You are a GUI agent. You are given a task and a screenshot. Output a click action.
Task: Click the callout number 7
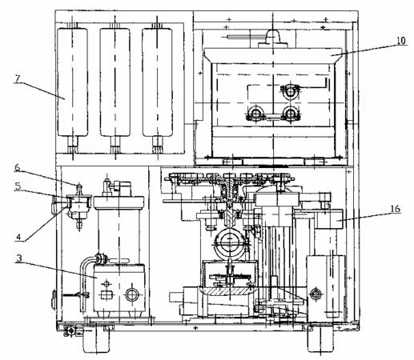coord(18,78)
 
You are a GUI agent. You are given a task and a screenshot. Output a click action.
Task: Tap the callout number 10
coord(401,41)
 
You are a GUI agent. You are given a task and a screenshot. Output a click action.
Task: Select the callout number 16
coord(396,208)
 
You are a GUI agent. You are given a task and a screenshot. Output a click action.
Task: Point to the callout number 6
coord(18,167)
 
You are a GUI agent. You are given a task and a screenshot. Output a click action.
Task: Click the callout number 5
coord(18,186)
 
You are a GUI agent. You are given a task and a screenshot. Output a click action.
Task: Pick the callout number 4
coord(18,237)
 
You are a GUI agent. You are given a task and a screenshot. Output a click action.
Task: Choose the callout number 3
coord(19,258)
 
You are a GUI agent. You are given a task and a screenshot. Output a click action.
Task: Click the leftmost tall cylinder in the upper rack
coord(72,82)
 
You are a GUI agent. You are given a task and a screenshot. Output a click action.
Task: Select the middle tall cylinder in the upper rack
coord(115,82)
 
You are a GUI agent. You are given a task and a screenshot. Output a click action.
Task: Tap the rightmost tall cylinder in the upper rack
coord(157,82)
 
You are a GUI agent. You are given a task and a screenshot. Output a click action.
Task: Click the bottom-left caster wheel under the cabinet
coord(96,339)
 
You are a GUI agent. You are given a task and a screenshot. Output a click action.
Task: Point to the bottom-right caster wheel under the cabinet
coord(320,338)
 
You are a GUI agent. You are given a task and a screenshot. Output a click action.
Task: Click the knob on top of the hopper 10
coord(273,38)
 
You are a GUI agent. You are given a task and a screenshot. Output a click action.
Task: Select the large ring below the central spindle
coord(229,242)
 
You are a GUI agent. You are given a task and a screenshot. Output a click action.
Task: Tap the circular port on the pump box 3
coord(131,294)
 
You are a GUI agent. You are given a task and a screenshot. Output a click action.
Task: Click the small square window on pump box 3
coord(107,294)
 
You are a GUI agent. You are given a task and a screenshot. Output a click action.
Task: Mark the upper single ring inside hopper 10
coord(290,91)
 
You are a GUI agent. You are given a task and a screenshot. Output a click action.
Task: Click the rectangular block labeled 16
coord(329,218)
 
